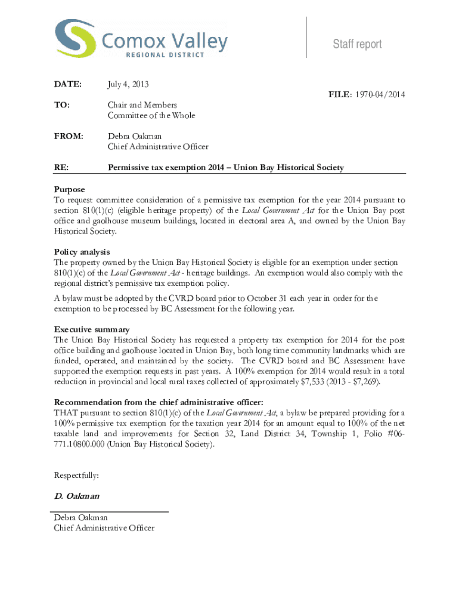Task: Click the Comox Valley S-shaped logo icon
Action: tap(75, 38)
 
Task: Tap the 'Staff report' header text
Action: tap(357, 44)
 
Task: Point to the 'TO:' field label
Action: tap(61, 105)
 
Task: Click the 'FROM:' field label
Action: tap(67, 136)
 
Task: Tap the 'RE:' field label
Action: tap(61, 168)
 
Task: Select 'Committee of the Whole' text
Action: tap(151, 116)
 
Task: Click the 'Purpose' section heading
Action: tap(70, 189)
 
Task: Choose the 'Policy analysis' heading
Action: tap(82, 252)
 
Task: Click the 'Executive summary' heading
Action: tap(92, 329)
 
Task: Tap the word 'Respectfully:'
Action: tap(76, 476)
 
